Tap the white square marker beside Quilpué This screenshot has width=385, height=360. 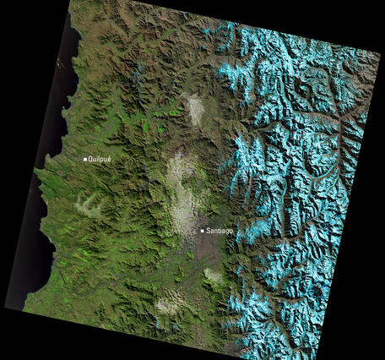pyautogui.click(x=85, y=159)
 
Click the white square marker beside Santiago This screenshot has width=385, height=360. pyautogui.click(x=203, y=230)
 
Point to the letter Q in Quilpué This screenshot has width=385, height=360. pyautogui.click(x=91, y=159)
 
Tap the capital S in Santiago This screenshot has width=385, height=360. pyautogui.click(x=209, y=231)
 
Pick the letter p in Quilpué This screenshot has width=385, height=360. pyautogui.click(x=103, y=160)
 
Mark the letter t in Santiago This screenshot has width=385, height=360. pyautogui.click(x=218, y=231)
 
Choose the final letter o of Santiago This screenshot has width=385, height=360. pyautogui.click(x=230, y=231)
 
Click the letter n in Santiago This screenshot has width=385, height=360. pyautogui.click(x=214, y=231)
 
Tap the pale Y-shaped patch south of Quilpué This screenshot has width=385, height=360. pyautogui.click(x=90, y=204)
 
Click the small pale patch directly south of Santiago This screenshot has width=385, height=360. pyautogui.click(x=213, y=275)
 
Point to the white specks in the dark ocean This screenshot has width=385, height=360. pyautogui.click(x=59, y=64)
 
